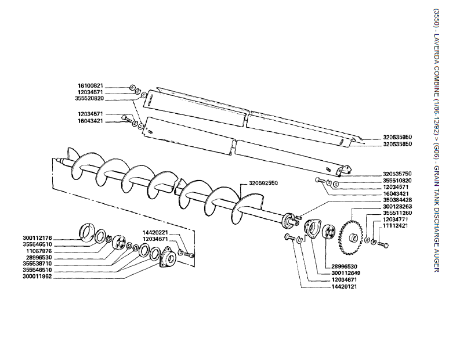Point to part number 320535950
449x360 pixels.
click(x=398, y=137)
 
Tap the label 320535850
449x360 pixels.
click(x=398, y=144)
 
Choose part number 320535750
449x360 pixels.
click(x=398, y=174)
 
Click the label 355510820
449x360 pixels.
click(x=398, y=181)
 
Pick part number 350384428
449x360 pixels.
click(x=398, y=200)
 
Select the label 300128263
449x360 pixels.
click(x=398, y=206)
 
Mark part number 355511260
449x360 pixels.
click(x=398, y=213)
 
